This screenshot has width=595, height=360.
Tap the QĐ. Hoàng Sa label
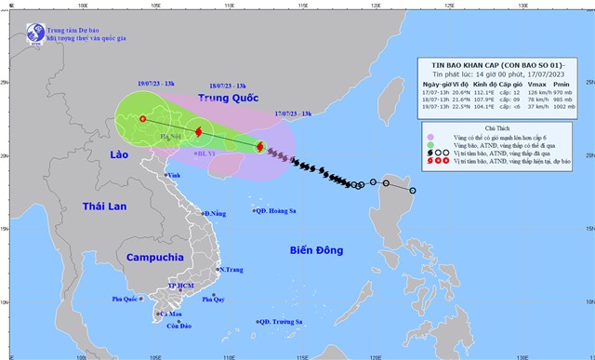[x=282, y=210]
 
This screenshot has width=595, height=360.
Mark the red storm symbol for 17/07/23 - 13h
[x=259, y=147]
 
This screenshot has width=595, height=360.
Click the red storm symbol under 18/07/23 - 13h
[x=199, y=132]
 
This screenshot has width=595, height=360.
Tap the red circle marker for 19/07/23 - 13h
[x=142, y=118]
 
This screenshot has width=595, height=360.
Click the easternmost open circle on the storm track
[x=413, y=191]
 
